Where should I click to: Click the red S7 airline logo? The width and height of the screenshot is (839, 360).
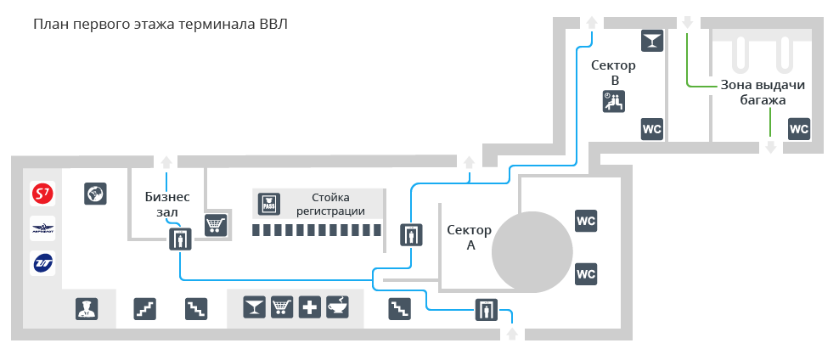(42, 194)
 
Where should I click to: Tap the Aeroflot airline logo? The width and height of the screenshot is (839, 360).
(42, 229)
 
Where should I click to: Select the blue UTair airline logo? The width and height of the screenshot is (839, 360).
(42, 263)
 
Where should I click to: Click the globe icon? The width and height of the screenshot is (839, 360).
(95, 194)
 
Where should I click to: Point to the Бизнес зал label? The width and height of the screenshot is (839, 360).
(167, 205)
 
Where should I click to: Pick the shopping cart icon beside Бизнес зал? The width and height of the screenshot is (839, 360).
(216, 225)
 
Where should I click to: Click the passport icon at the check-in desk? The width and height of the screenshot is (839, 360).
(268, 204)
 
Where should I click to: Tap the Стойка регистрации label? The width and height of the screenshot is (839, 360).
(330, 205)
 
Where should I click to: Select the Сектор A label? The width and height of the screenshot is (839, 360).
(470, 238)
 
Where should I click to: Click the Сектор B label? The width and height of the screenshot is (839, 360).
(613, 73)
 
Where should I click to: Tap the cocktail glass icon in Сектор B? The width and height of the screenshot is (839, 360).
(652, 41)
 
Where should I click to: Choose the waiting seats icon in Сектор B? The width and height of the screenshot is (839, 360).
(614, 101)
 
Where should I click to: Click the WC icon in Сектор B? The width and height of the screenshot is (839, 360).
(652, 129)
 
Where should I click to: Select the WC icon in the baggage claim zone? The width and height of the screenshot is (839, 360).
(799, 129)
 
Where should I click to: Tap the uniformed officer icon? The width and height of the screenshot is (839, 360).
(87, 309)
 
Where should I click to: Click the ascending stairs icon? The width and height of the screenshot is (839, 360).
(144, 309)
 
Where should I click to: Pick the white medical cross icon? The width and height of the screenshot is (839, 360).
(310, 307)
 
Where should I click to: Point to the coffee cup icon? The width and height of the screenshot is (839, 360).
(338, 307)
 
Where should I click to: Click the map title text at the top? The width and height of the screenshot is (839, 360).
(160, 25)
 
